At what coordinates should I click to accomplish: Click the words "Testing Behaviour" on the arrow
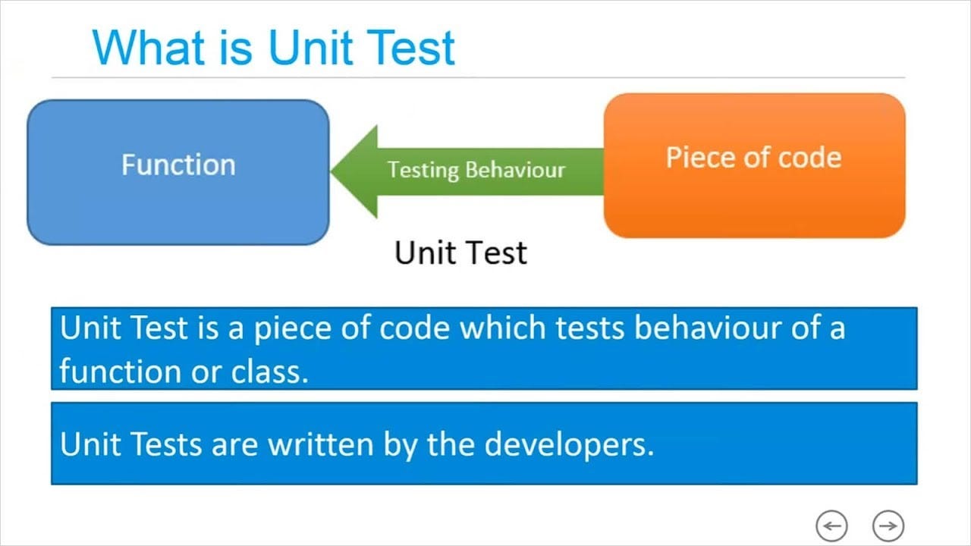click(x=476, y=169)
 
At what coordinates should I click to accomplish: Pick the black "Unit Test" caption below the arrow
click(x=460, y=253)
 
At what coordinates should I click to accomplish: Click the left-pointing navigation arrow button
click(x=831, y=525)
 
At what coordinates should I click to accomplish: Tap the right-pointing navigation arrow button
click(x=888, y=525)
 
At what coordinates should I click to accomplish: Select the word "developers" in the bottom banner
click(x=568, y=444)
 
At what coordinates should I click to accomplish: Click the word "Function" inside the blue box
click(x=178, y=165)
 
